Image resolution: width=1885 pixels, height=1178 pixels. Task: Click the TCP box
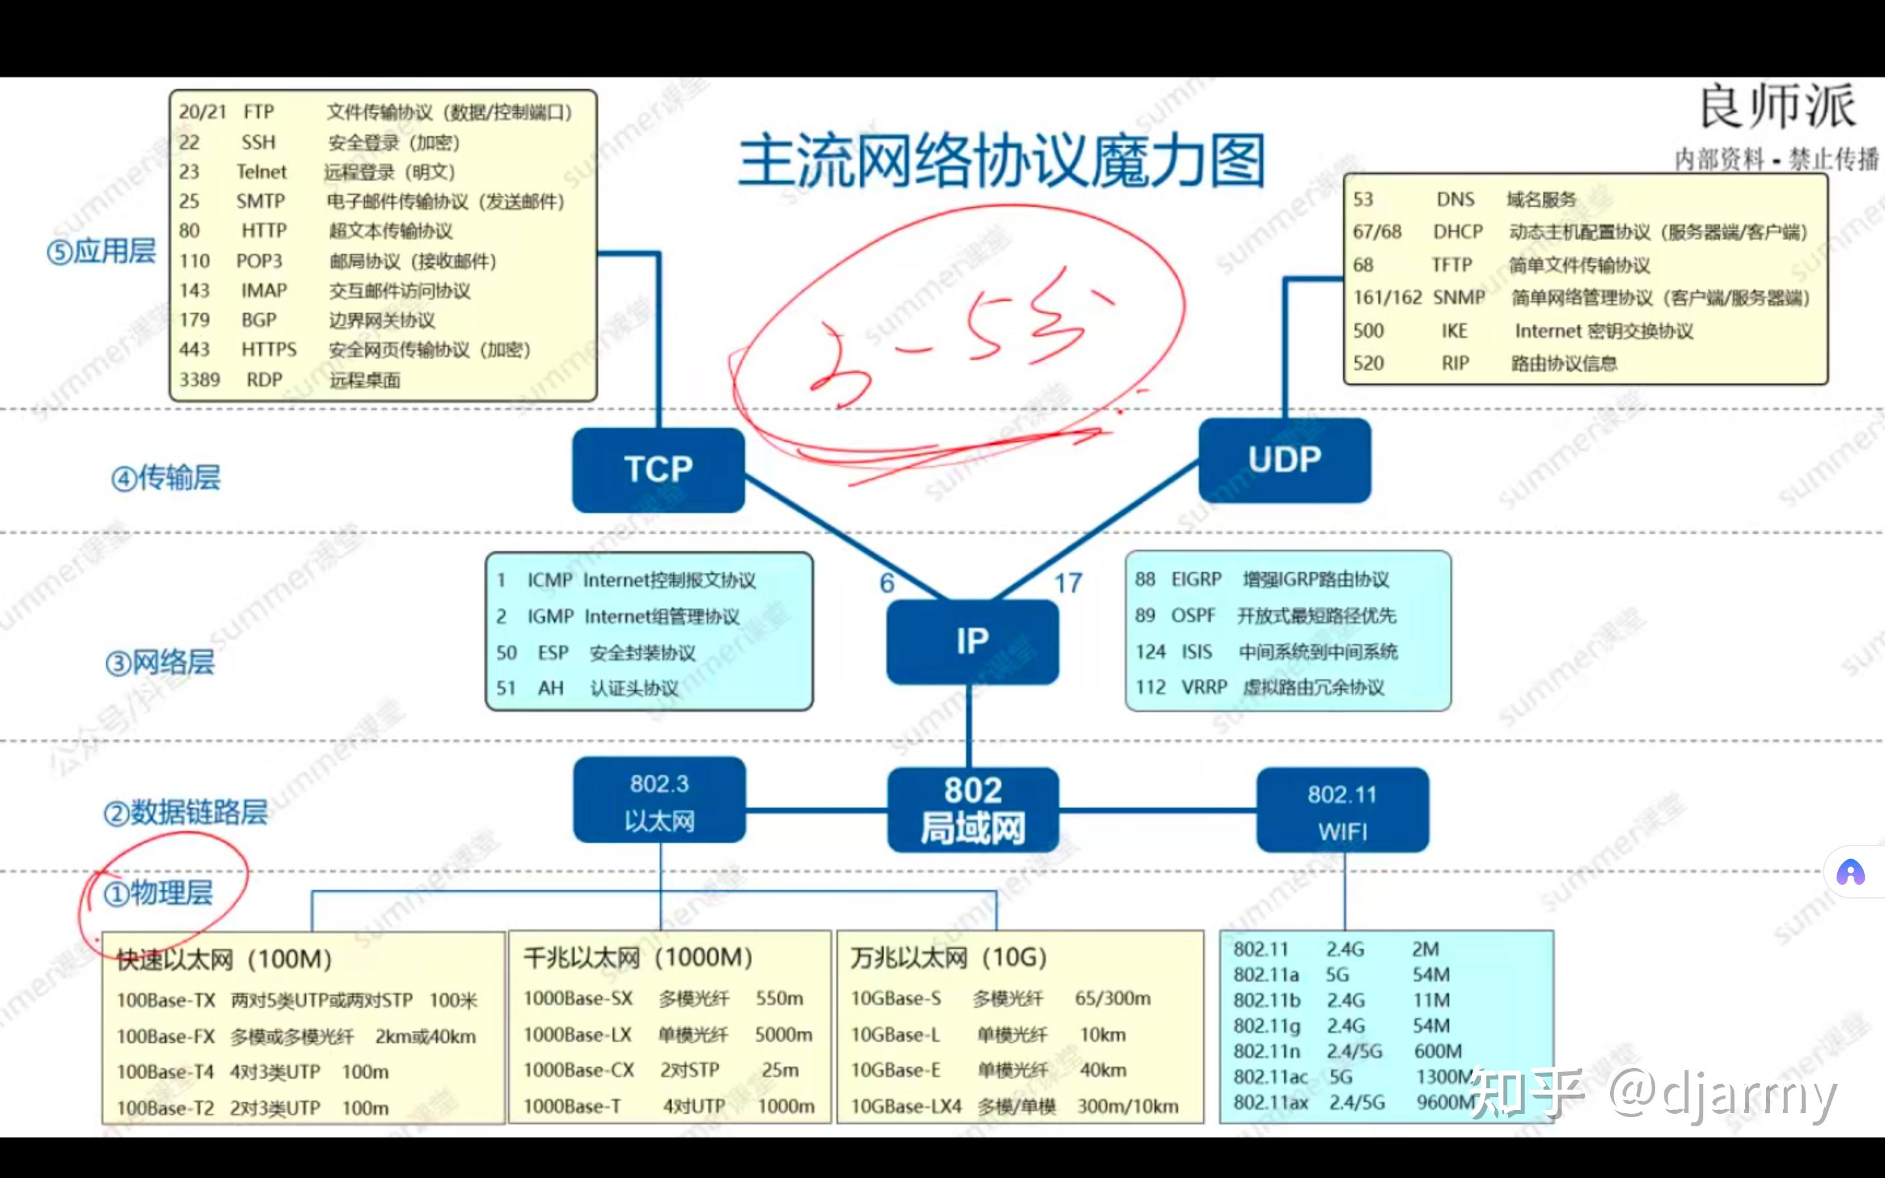click(658, 470)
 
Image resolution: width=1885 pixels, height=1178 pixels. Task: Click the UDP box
click(1284, 459)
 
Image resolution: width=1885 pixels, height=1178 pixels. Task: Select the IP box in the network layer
click(972, 641)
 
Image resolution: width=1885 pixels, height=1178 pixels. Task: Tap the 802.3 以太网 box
click(659, 801)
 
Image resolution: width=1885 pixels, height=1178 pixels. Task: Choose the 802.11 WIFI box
click(1342, 811)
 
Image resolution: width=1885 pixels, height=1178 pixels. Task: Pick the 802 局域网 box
click(972, 810)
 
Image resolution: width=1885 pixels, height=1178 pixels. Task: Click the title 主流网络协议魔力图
click(1001, 161)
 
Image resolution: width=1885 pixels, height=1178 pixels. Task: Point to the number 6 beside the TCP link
click(886, 582)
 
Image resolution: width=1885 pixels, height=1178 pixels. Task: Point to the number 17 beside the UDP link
click(1068, 582)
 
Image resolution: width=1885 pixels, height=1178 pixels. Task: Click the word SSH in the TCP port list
click(259, 143)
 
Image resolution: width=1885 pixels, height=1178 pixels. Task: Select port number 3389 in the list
click(200, 380)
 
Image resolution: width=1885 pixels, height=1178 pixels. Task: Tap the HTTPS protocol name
click(269, 350)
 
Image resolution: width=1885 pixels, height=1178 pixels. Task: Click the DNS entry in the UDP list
click(1455, 200)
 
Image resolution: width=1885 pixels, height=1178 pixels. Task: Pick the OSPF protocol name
click(1193, 615)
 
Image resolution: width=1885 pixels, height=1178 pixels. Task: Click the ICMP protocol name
click(550, 580)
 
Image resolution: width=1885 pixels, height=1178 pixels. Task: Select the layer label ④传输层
click(166, 478)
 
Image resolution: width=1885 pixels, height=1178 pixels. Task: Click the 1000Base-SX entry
click(578, 999)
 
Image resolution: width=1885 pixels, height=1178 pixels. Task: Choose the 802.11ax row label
click(1270, 1103)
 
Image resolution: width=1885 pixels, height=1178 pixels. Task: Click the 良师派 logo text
click(1777, 107)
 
